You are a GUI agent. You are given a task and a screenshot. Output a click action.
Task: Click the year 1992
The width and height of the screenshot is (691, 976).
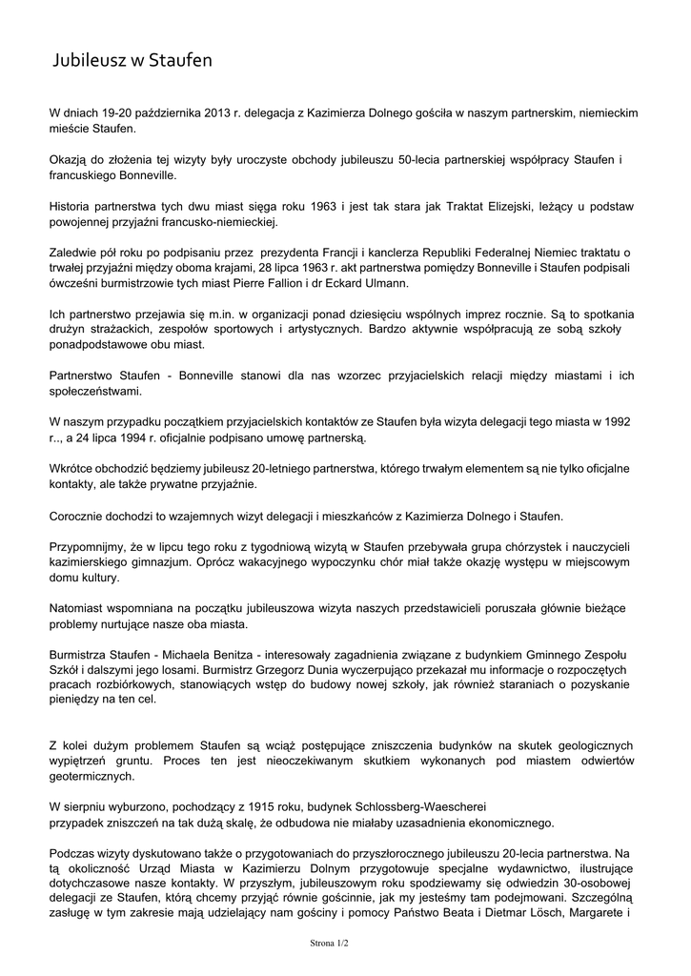616,421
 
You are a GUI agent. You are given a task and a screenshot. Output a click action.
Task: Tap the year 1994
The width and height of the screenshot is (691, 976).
148,437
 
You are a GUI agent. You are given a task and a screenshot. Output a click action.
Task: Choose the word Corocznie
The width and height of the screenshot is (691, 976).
79,516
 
